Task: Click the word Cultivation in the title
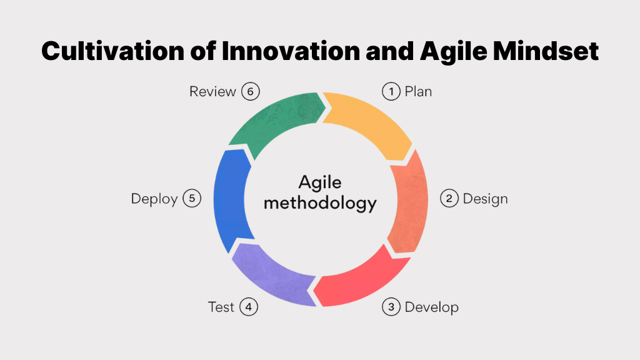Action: (x=113, y=51)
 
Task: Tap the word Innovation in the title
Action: (x=291, y=51)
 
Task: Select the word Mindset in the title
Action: (x=546, y=51)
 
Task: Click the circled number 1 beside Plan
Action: (x=391, y=91)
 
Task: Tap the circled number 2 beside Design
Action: (x=449, y=198)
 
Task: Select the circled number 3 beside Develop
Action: (x=391, y=307)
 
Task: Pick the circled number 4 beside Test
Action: (x=249, y=307)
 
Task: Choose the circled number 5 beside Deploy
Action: (x=192, y=198)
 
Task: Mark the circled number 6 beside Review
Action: (x=250, y=91)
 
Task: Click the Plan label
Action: (x=418, y=91)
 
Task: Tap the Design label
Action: (x=485, y=199)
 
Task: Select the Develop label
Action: (x=431, y=307)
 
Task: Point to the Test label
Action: (x=221, y=307)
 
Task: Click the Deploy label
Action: (x=154, y=199)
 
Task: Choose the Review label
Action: (x=212, y=91)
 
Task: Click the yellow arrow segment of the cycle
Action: (x=369, y=121)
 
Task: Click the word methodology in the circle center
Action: (x=320, y=204)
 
